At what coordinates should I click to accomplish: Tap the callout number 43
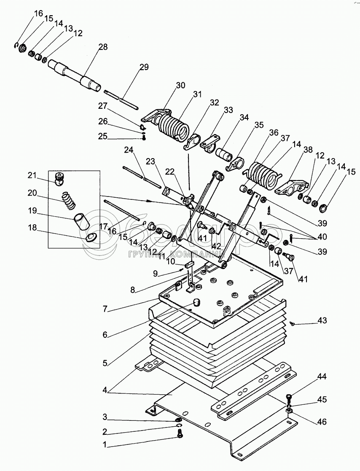[x=322, y=320]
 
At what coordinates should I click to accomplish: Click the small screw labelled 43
[x=292, y=323]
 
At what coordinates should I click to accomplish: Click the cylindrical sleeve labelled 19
[x=80, y=221]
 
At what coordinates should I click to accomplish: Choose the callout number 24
[x=128, y=150]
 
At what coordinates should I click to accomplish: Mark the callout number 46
[x=322, y=421]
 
